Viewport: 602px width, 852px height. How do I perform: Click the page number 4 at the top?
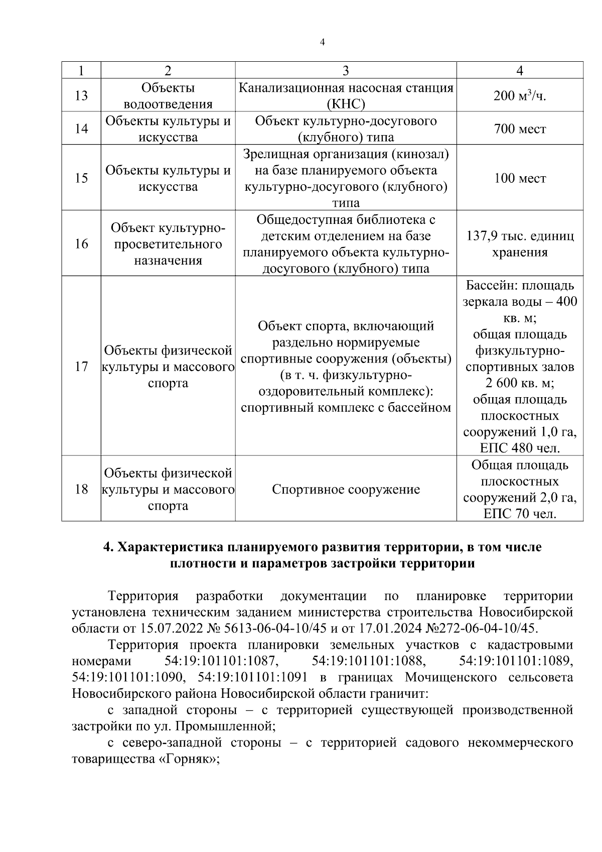click(x=322, y=43)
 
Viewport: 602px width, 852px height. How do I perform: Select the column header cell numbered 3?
click(x=346, y=71)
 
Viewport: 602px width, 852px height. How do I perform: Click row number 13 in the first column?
click(x=81, y=95)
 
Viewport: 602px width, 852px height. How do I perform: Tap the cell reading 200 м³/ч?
click(x=520, y=95)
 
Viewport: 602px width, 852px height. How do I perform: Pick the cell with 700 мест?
click(x=520, y=129)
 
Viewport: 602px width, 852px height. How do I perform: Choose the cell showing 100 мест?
click(x=520, y=178)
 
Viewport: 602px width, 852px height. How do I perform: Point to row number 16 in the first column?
click(x=81, y=244)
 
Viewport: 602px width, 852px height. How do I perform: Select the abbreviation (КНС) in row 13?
click(x=346, y=104)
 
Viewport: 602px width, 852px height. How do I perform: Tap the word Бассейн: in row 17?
click(x=492, y=286)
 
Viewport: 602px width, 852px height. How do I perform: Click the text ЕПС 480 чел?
click(x=520, y=448)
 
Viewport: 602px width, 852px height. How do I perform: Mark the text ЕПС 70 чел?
click(x=520, y=514)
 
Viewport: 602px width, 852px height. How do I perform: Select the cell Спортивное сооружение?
click(x=346, y=490)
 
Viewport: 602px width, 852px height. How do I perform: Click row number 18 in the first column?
click(x=81, y=490)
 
